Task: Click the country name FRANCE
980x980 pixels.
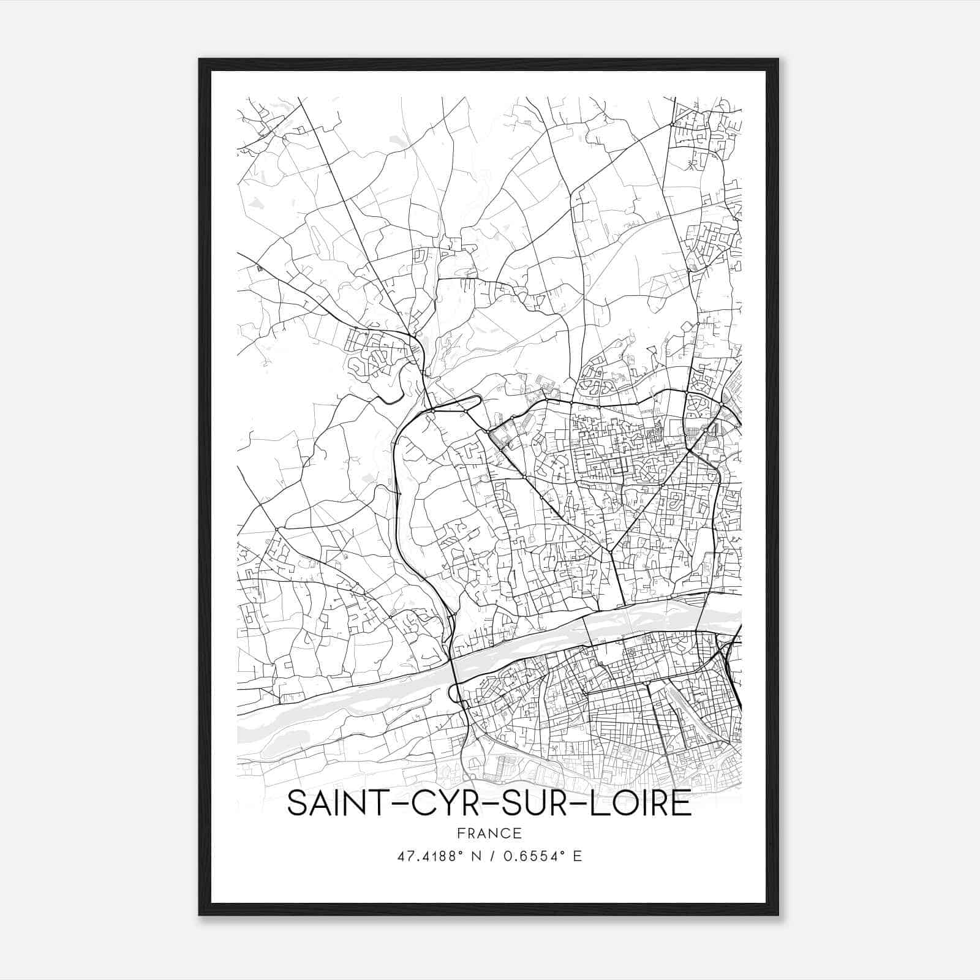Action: (489, 833)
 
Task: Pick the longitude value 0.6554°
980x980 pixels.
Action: (535, 856)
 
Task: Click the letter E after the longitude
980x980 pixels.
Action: (577, 856)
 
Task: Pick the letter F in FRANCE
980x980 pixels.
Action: (461, 833)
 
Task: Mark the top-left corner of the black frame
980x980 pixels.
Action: (199, 59)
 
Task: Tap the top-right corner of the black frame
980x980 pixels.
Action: (778, 59)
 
